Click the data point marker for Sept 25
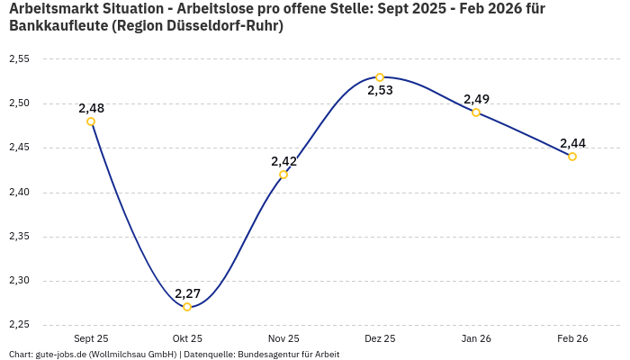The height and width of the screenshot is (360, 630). tap(91, 121)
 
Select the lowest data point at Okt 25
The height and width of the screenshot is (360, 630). tap(187, 307)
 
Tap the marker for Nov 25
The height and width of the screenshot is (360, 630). tap(283, 175)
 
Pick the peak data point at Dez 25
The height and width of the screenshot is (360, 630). tap(380, 77)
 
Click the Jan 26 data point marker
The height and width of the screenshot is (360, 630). tap(476, 112)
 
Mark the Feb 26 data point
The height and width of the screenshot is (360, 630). tap(572, 157)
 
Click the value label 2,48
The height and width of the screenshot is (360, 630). tap(91, 108)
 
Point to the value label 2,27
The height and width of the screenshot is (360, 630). tap(187, 293)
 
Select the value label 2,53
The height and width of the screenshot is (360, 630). tap(380, 91)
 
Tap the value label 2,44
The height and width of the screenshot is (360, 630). tap(572, 143)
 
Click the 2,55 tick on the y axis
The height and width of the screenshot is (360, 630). tap(19, 59)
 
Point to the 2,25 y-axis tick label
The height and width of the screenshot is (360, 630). tap(19, 325)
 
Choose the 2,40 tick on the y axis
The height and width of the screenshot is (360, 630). tap(19, 193)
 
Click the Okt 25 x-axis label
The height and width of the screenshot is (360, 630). tap(187, 338)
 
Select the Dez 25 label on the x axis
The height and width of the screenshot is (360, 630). tap(380, 338)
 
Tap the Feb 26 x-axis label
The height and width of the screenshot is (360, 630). tap(572, 338)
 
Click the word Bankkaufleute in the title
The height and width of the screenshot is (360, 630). tap(57, 26)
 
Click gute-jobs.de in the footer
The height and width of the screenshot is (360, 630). tap(62, 355)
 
